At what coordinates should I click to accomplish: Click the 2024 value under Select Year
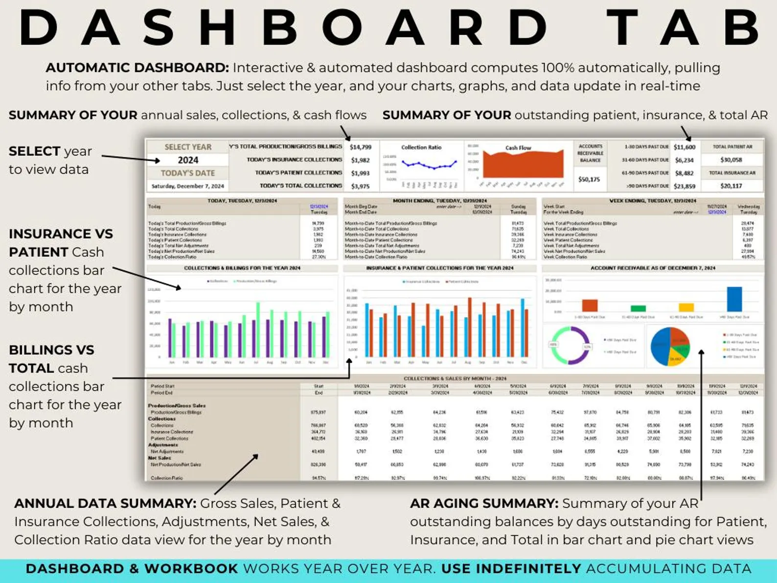188,160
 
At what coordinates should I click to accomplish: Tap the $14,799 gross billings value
361,147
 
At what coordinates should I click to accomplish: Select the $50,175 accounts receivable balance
589,180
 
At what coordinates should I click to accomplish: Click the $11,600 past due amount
684,147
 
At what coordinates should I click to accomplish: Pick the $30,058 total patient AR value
731,160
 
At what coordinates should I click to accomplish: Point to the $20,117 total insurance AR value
731,186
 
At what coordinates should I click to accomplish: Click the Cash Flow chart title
518,147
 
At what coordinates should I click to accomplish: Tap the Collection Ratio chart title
421,147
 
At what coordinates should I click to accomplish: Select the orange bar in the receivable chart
590,305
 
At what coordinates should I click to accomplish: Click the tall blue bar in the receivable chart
734,299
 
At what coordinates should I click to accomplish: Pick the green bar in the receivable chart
638,308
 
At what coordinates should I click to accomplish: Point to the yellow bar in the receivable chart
686,307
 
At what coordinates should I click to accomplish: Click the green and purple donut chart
570,346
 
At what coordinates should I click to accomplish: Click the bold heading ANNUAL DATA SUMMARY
105,503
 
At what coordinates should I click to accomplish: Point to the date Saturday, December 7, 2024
187,186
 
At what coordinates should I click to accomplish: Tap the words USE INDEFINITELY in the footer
511,569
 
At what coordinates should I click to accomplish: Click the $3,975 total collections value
361,186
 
